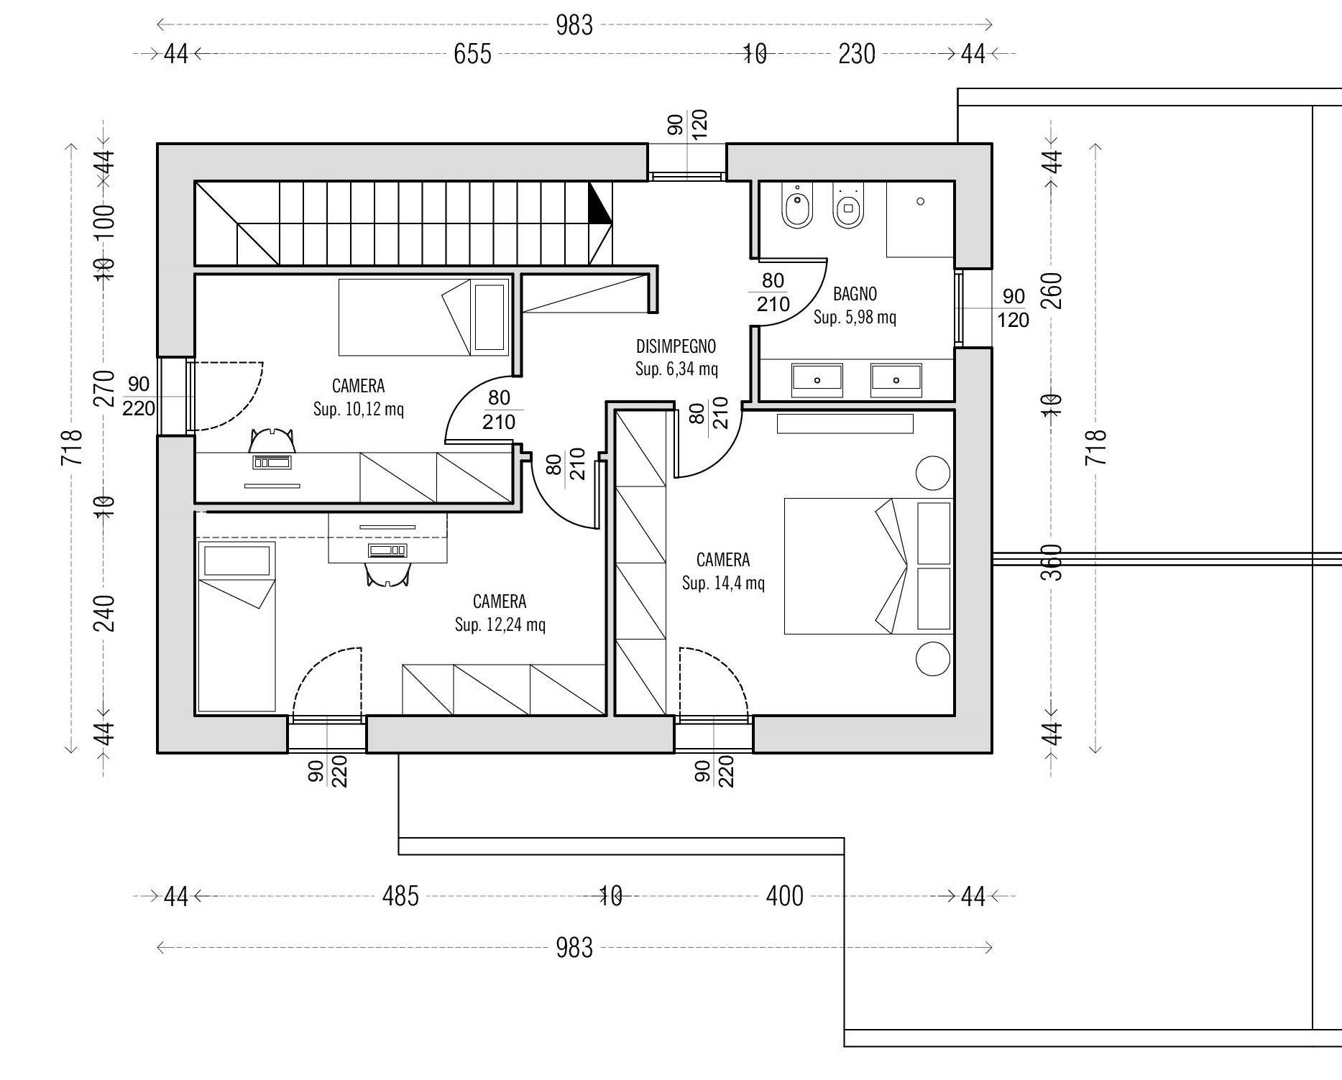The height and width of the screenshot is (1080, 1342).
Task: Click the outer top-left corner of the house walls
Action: [x=158, y=144]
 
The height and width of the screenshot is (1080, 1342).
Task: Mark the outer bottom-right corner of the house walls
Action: [x=992, y=752]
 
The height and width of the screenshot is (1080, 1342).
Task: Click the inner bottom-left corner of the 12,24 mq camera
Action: [x=196, y=715]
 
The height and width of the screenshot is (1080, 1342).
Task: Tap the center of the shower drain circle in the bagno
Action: [x=921, y=202]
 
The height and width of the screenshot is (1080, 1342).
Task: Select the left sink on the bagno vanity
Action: [x=817, y=379]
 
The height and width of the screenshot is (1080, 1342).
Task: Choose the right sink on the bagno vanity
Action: [x=896, y=379]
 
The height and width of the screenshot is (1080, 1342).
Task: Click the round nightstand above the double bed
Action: [x=933, y=473]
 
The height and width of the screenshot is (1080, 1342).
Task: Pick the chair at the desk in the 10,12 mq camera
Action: [x=272, y=440]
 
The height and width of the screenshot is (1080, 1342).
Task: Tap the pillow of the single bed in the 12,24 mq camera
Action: [x=237, y=560]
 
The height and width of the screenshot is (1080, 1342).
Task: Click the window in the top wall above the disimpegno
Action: [x=686, y=175]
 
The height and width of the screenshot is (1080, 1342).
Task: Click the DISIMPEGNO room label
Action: [x=676, y=346]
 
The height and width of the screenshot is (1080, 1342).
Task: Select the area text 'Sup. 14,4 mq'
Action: [x=723, y=583]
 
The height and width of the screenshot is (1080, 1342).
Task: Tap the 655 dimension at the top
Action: [x=472, y=54]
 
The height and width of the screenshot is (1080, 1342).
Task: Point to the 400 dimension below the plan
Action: [x=784, y=896]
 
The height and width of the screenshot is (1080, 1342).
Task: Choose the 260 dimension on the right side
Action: [x=1052, y=290]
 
